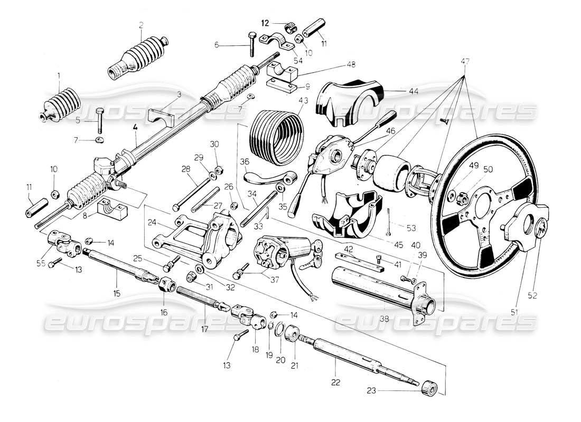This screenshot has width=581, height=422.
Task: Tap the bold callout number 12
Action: click(x=265, y=23)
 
